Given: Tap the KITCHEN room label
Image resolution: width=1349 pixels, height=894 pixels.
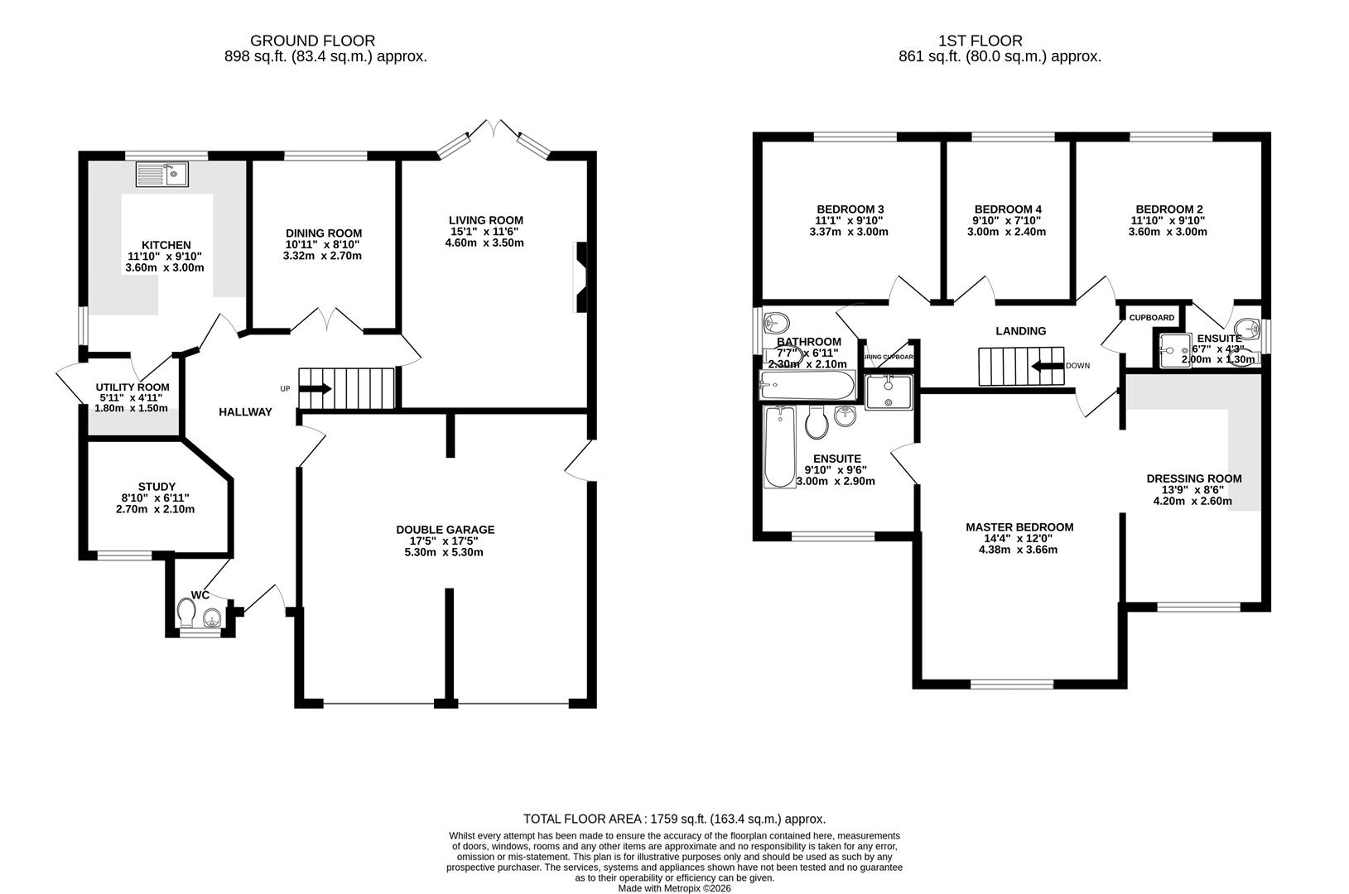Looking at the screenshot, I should coord(166,245).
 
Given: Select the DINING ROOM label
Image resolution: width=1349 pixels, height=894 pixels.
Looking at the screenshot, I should coord(324,233).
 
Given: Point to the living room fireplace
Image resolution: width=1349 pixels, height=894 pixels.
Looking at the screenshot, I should coord(581,276).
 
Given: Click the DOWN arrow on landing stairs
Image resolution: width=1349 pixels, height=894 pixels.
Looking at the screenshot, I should coord(1046,365).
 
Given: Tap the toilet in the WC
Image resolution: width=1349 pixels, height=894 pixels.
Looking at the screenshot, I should coord(186,613).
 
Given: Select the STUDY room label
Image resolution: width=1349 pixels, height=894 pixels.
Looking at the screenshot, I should coord(157,487).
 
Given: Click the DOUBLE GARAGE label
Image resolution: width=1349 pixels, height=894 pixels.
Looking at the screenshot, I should coord(445,530).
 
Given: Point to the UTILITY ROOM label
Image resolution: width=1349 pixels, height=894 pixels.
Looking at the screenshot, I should coord(132,387).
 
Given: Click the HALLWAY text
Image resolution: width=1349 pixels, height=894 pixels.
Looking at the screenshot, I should coord(245,412).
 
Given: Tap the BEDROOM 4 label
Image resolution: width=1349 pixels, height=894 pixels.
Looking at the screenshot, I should coord(1008,209).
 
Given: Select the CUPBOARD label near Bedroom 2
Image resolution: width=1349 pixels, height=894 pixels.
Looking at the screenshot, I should coord(1152,318).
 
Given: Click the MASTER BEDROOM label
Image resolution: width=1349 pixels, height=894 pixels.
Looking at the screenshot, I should coord(1019,527).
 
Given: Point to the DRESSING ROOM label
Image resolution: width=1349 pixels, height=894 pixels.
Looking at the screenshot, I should coord(1194,478).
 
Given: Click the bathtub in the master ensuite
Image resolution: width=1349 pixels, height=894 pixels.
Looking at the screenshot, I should coord(778,447).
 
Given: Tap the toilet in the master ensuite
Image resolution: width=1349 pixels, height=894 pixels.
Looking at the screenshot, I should coord(817,423).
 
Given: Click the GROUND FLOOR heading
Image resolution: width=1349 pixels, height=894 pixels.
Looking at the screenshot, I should coord(312,41).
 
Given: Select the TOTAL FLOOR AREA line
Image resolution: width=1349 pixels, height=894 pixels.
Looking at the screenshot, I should coord(674,819).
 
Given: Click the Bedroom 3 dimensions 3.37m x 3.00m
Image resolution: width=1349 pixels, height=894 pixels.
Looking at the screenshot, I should coord(848,232).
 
